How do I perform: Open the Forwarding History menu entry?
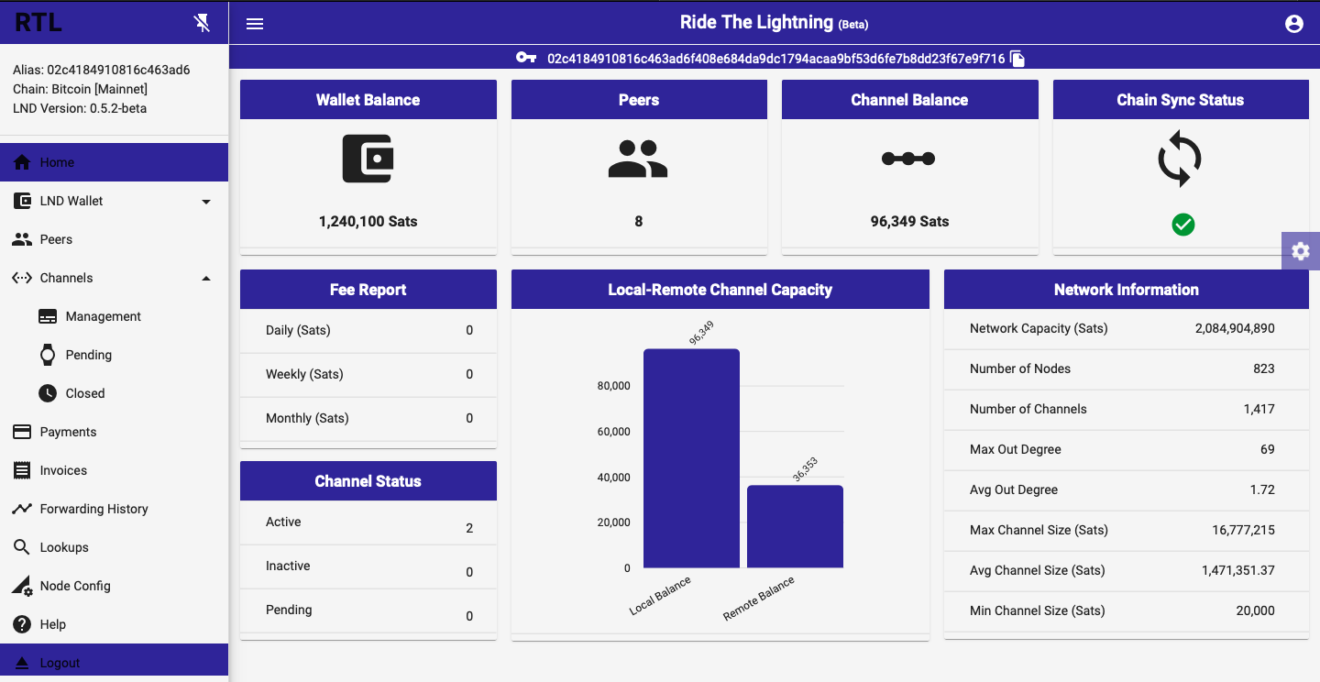[x=93, y=509]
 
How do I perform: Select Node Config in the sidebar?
[x=75, y=586]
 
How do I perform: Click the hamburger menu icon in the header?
[x=255, y=24]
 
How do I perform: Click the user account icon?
[x=1293, y=24]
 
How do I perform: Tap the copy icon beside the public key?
[x=1017, y=59]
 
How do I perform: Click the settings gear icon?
[x=1301, y=251]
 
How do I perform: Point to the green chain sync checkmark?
[x=1182, y=225]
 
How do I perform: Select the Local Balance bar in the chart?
[x=691, y=458]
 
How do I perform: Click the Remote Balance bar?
[x=795, y=526]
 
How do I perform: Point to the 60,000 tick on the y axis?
[x=613, y=432]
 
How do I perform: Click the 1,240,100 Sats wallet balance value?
[x=368, y=222]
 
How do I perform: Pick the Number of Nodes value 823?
[x=1263, y=369]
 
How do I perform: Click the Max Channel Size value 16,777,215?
[x=1243, y=531]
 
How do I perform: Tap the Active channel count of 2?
[x=469, y=528]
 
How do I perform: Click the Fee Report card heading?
[x=368, y=290]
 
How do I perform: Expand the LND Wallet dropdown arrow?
[x=205, y=202]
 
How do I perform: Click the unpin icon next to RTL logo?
[x=202, y=23]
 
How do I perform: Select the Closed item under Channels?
[x=85, y=393]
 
